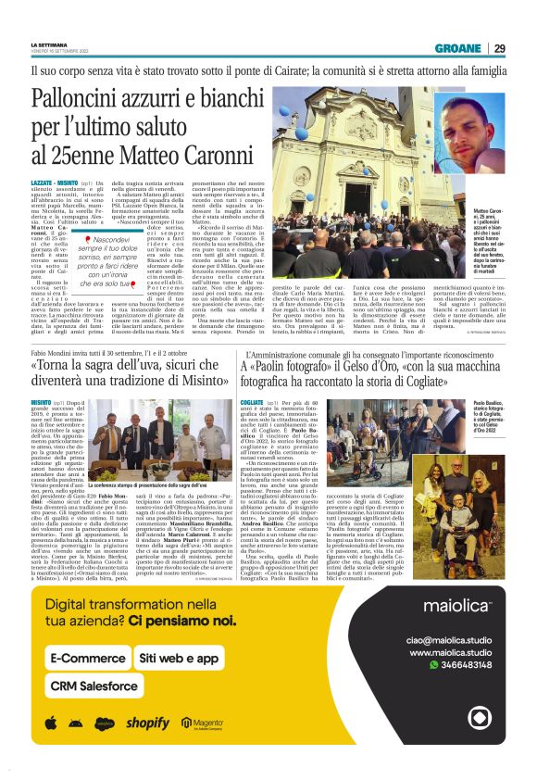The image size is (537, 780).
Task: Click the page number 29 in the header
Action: coord(499,48)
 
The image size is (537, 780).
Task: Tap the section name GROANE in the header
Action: coord(457,48)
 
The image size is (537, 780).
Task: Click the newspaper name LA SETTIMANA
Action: coord(49,44)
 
